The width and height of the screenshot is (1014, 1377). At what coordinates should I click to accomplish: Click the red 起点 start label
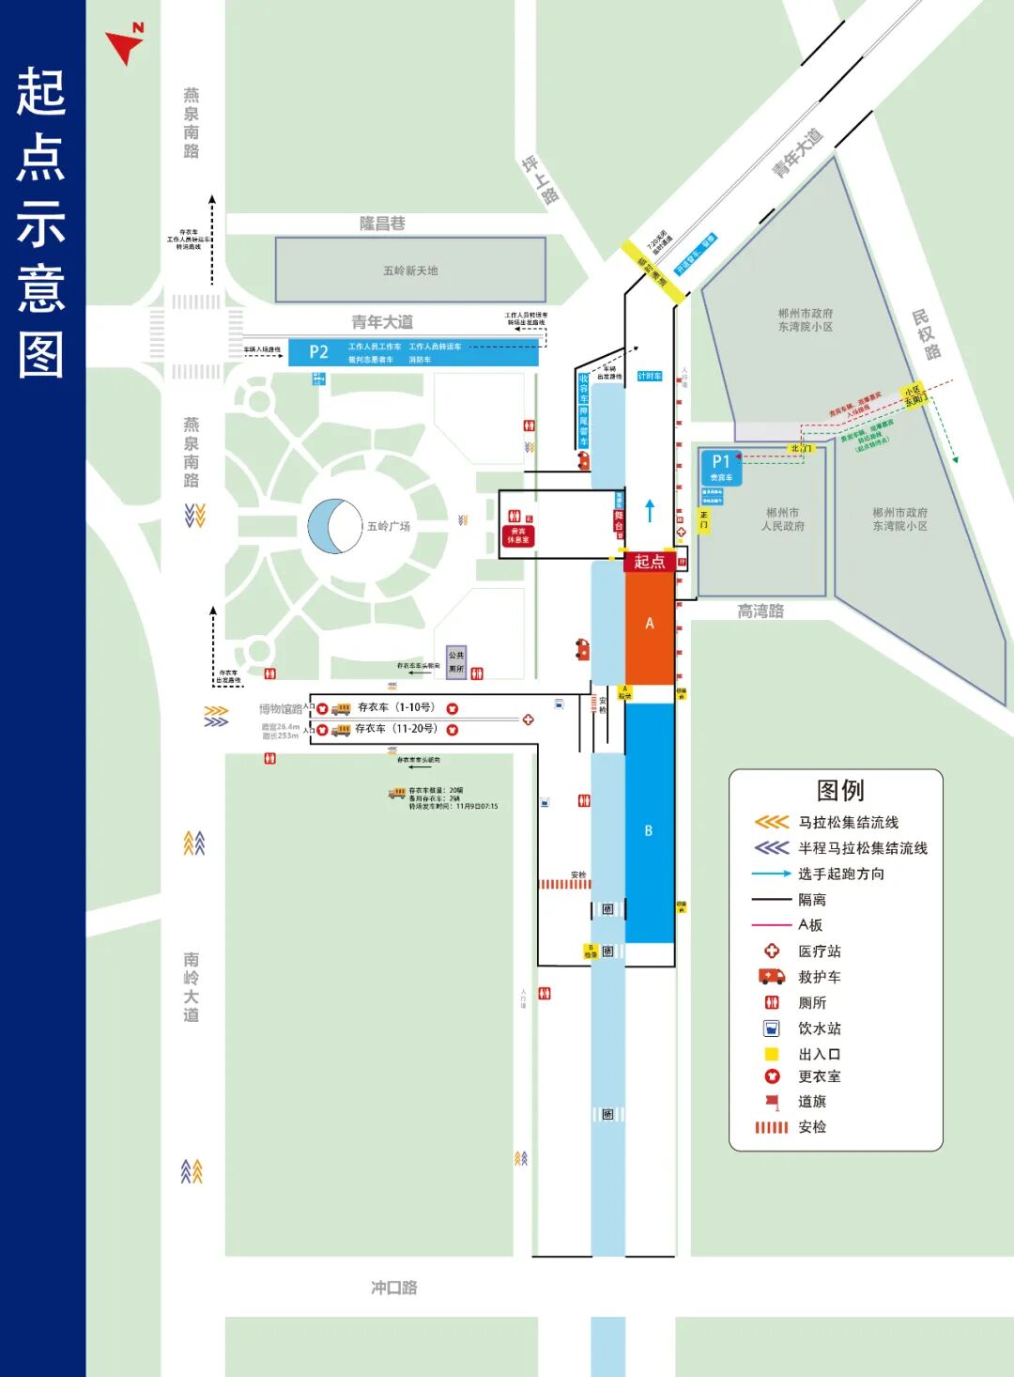pos(649,562)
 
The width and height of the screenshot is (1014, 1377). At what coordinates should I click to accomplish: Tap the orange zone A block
pos(650,624)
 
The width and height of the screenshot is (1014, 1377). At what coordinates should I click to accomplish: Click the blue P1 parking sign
pos(721,466)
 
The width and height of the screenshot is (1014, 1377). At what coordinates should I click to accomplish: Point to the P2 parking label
pos(319,352)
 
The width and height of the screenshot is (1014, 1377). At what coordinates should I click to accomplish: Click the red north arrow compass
pos(125,43)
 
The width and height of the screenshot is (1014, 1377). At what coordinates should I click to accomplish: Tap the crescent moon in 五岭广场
pos(330,526)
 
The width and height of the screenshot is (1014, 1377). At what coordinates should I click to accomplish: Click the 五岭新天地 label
pos(410,271)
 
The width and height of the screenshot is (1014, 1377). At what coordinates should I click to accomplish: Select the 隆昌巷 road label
pos(382,224)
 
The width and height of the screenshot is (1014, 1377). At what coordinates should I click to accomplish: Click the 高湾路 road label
pos(760,611)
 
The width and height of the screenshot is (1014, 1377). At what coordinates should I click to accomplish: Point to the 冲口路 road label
pos(394,1287)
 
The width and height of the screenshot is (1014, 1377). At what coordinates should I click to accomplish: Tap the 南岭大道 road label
pos(192,986)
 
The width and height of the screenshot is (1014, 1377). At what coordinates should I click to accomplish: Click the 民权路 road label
pos(927,334)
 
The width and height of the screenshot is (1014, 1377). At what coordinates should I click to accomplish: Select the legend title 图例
pos(840,791)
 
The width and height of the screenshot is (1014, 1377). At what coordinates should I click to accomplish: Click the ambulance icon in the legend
pos(772,977)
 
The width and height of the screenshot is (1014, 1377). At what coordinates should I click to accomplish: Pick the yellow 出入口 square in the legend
pos(772,1055)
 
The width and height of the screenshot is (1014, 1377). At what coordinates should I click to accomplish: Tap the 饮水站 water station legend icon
pos(772,1029)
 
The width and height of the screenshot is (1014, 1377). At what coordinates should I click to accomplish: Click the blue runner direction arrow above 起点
pos(650,510)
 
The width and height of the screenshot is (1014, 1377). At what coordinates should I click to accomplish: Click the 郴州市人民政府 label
pos(783,519)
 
